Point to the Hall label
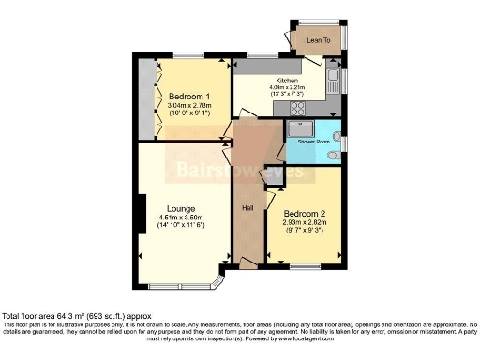(x=248, y=208)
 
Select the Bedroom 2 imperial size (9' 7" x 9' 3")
(x=303, y=230)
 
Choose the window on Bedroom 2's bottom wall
(x=304, y=266)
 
